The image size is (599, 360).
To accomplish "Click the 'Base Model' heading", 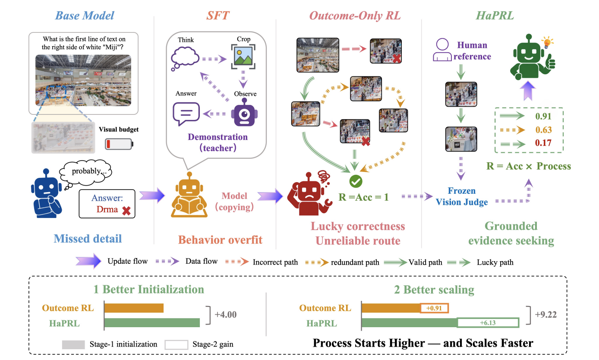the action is tap(85, 16).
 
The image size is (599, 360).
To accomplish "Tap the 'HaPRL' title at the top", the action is tap(495, 16).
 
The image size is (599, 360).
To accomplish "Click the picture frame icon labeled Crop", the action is tap(243, 57).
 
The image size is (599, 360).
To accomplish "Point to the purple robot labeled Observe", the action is tap(244, 112).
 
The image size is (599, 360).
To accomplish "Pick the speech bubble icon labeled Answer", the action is tap(186, 114).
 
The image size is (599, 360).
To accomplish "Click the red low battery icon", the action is tap(119, 144).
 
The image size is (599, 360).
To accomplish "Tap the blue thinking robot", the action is tap(46, 193).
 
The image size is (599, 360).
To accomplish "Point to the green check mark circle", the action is tap(356, 181).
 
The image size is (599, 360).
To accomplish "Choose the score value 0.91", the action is tap(543, 117).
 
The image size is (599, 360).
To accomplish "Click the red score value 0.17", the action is tap(543, 142).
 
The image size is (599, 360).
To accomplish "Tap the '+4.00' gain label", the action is tap(225, 314).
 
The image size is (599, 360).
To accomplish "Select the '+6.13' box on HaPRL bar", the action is tap(488, 323).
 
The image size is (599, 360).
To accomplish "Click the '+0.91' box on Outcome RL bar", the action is tap(434, 308).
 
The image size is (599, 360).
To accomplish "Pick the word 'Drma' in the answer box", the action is tap(107, 209).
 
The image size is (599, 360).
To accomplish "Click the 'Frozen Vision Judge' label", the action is tap(462, 196).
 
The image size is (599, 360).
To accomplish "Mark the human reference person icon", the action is tap(442, 50).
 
